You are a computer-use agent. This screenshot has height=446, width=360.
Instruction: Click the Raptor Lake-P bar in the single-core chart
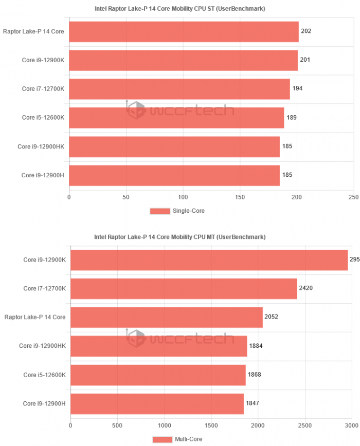point(183,31)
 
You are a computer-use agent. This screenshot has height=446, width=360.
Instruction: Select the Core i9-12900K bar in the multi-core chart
point(209,259)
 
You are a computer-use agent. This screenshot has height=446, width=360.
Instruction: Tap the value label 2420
point(306,288)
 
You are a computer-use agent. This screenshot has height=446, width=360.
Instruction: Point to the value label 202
point(306,31)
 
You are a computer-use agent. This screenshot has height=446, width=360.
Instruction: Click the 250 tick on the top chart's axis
point(353,197)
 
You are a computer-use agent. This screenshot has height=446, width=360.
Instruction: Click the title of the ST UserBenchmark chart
point(179,9)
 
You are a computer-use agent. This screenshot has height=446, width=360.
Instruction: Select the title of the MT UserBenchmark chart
point(179,237)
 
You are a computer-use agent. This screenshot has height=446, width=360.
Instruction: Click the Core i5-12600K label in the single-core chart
point(43,118)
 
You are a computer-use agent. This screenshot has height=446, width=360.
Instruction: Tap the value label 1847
point(253,403)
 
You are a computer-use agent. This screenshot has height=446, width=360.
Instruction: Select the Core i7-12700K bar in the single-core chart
point(179,89)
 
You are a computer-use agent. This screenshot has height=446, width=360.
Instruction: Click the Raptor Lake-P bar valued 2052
point(166,317)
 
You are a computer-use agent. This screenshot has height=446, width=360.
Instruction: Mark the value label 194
point(297,89)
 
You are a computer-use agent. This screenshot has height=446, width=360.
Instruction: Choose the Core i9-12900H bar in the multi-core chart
point(157,403)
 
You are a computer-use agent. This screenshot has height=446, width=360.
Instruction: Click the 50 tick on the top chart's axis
point(126,197)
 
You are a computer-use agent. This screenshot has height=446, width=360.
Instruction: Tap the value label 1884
point(256,345)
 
